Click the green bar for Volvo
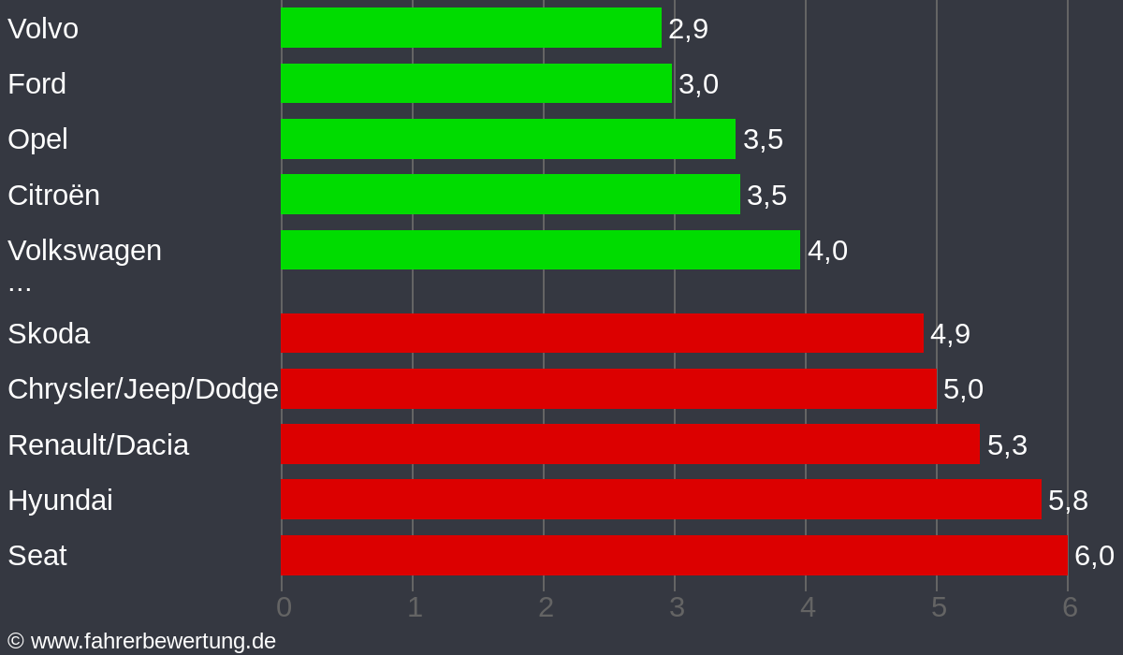coord(471,28)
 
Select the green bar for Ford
coord(475,83)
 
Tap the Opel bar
coord(507,138)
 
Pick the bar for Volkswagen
coord(540,250)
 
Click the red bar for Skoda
coord(602,333)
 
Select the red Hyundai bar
coord(661,500)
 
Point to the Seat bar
coord(674,555)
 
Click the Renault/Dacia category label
coord(98,444)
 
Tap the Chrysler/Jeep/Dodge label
coord(143,389)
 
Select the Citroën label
coord(53,195)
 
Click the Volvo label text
coord(43,28)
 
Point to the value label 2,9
coord(688,29)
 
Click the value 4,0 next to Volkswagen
coord(827,251)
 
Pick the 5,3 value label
coord(1007,445)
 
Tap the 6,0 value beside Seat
coord(1094,556)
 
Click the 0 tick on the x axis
coord(284,607)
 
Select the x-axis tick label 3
coord(677,607)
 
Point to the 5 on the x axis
coord(939,607)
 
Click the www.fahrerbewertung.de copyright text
coord(142,641)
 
